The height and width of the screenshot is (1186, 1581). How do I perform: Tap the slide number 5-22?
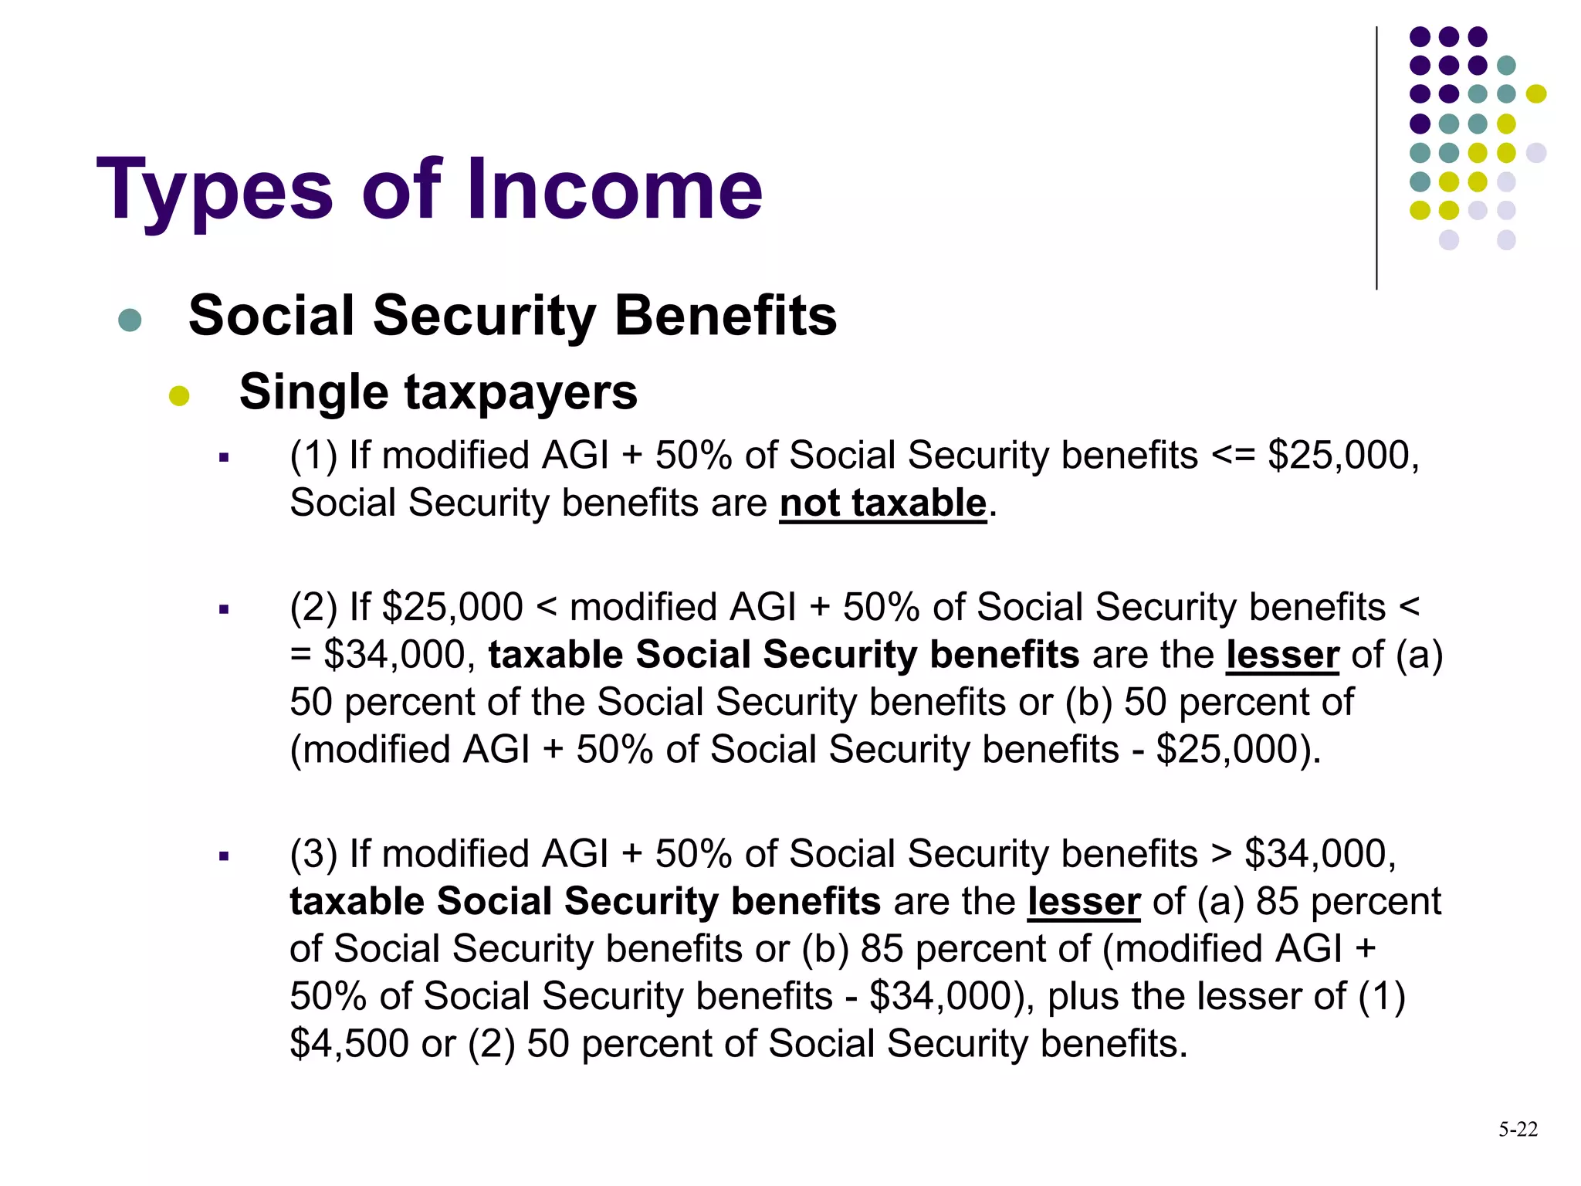click(x=1518, y=1130)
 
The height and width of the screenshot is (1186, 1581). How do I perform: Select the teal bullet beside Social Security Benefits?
click(x=130, y=320)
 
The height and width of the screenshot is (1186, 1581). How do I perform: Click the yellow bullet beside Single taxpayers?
click(x=179, y=395)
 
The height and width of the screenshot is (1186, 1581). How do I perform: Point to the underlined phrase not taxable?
click(x=883, y=503)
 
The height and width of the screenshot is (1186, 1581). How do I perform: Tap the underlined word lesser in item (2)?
click(x=1282, y=655)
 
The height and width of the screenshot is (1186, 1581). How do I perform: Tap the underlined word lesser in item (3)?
click(x=1084, y=902)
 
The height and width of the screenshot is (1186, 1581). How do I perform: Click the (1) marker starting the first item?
click(x=313, y=456)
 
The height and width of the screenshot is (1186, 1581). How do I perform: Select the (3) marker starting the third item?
click(x=313, y=854)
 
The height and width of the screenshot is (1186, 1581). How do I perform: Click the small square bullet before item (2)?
click(x=224, y=610)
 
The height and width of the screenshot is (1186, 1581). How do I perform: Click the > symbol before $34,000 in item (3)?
click(x=1221, y=854)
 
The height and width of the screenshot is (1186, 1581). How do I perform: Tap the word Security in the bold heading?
click(x=484, y=316)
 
